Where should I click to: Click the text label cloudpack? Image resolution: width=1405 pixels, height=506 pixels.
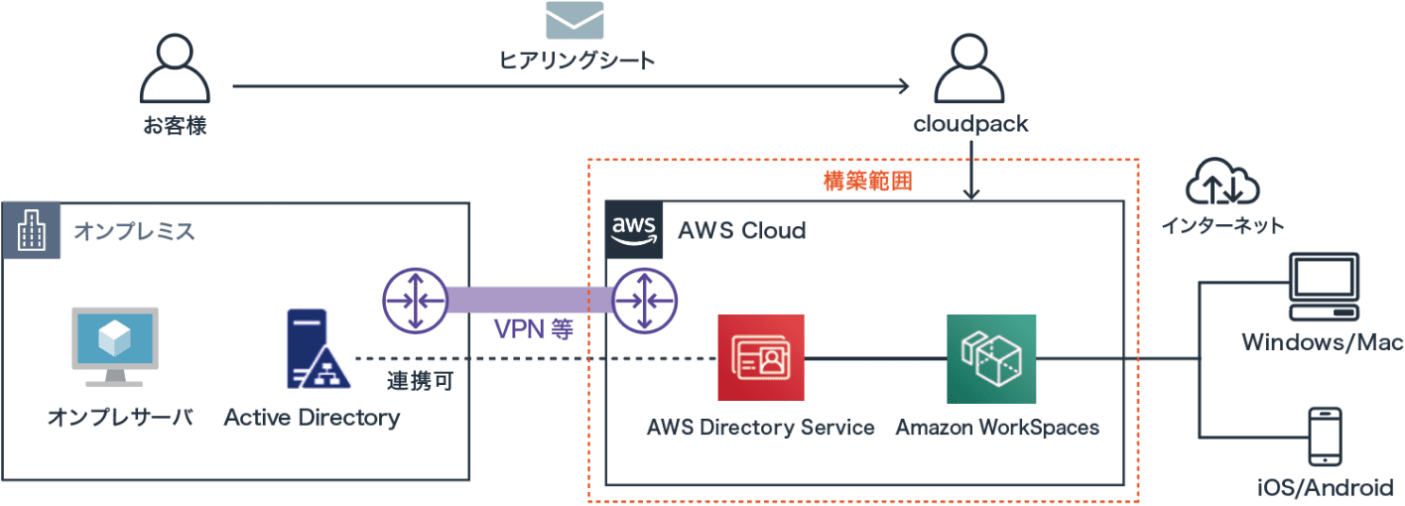pos(970,125)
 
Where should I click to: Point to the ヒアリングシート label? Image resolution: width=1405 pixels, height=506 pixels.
pos(575,61)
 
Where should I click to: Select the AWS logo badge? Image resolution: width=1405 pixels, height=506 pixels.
pos(634,230)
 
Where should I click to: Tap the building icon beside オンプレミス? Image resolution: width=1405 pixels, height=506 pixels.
pos(31,231)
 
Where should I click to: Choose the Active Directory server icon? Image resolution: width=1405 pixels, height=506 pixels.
pos(312,350)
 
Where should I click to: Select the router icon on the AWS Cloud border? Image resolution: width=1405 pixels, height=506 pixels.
pos(644,301)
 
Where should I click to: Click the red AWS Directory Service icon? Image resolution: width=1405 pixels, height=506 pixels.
pos(760,358)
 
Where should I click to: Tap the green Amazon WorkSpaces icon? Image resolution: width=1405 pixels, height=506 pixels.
pos(990,358)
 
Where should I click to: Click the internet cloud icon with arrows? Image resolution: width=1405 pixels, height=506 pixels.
pos(1221,182)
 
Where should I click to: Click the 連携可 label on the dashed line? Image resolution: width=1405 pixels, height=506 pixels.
pos(420,381)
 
